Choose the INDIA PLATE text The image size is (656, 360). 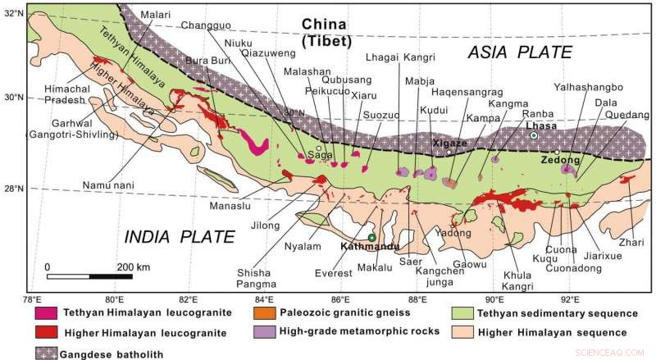pyautogui.click(x=179, y=238)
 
